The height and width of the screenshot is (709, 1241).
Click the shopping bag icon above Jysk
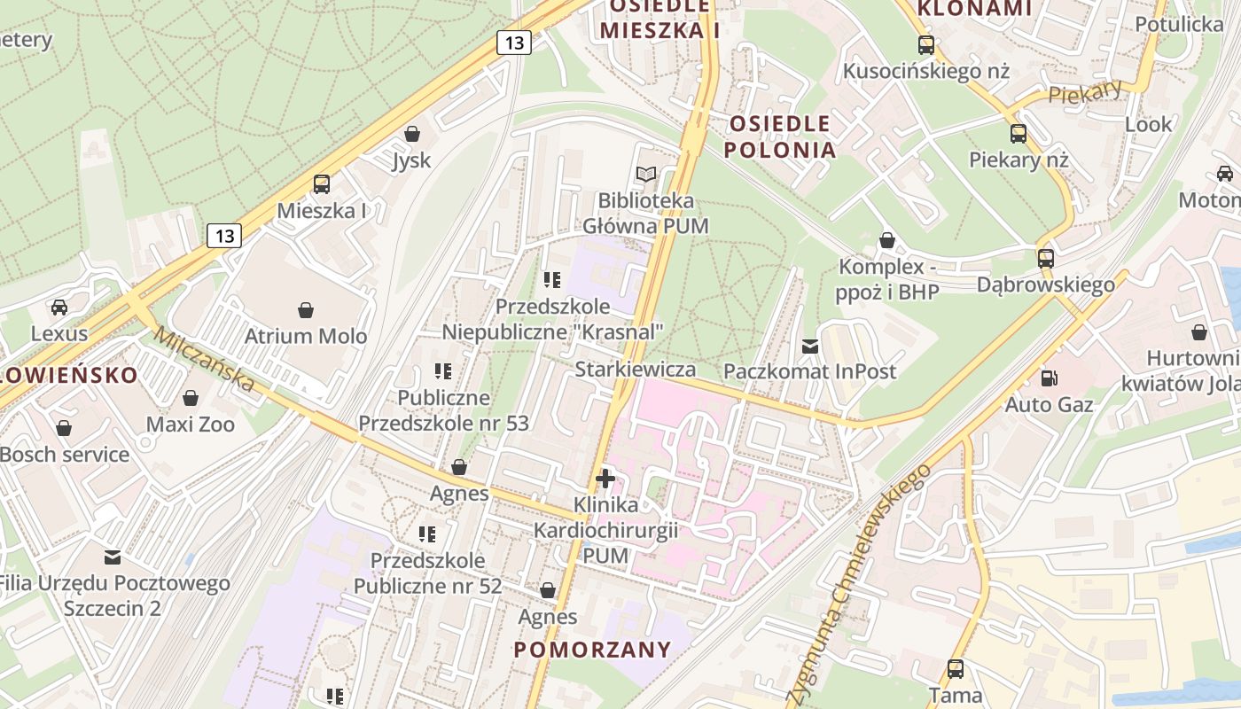(411, 134)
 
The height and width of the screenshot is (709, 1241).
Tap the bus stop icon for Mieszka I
(321, 184)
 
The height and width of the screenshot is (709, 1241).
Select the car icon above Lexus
(59, 307)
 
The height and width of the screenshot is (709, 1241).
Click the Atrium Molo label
(305, 336)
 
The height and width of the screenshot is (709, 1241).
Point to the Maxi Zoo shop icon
(190, 398)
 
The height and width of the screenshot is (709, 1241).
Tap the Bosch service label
(65, 455)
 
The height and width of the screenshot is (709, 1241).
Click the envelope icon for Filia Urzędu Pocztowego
(113, 557)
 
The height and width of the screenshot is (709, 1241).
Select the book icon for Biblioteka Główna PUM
(646, 175)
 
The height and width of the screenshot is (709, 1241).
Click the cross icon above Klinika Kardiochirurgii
(605, 479)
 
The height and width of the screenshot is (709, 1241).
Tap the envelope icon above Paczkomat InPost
(809, 346)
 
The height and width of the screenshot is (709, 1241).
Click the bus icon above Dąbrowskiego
(1046, 259)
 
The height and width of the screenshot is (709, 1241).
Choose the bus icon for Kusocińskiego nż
(926, 44)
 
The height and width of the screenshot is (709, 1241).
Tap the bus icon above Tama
(956, 669)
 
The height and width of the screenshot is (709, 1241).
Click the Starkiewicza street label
(635, 369)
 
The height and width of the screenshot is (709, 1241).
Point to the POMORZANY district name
(592, 650)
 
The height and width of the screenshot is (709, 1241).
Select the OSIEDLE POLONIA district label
(780, 136)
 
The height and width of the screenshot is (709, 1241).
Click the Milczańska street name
(203, 359)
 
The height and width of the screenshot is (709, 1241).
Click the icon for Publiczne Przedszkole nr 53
(443, 371)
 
